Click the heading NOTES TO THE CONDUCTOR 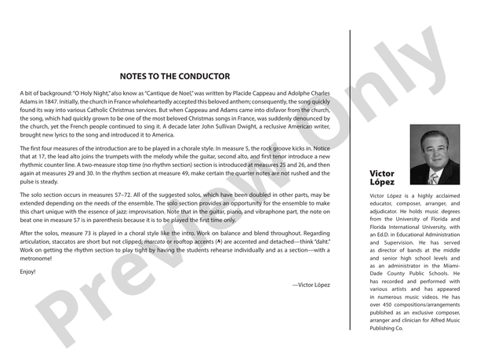click(174, 77)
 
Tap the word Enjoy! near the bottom click(28, 271)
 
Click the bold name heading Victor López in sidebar click(384, 178)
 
